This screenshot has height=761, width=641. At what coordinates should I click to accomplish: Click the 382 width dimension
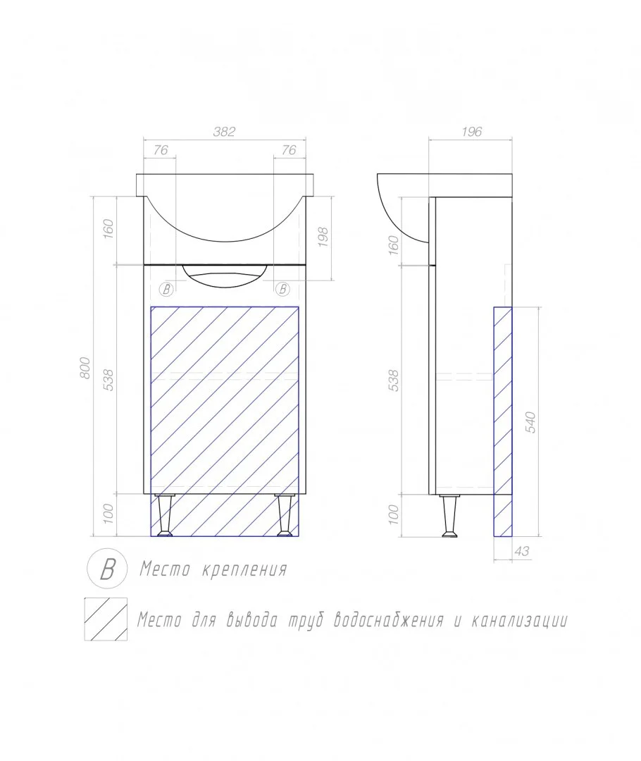(x=224, y=132)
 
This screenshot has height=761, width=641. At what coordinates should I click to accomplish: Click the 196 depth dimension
(x=472, y=132)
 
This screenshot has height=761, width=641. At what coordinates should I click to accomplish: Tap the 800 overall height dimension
(x=85, y=368)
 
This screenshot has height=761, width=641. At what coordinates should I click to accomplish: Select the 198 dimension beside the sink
(x=323, y=237)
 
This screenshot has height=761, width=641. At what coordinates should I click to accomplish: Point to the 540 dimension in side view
(x=531, y=422)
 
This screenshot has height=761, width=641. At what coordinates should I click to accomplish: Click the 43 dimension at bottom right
(x=522, y=551)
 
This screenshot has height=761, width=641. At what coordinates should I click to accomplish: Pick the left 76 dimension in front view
(x=160, y=150)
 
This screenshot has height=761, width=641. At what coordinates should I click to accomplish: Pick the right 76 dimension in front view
(x=290, y=150)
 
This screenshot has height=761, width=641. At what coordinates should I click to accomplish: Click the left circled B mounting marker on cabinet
(x=166, y=290)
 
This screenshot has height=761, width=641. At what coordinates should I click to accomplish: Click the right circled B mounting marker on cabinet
(x=282, y=290)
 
